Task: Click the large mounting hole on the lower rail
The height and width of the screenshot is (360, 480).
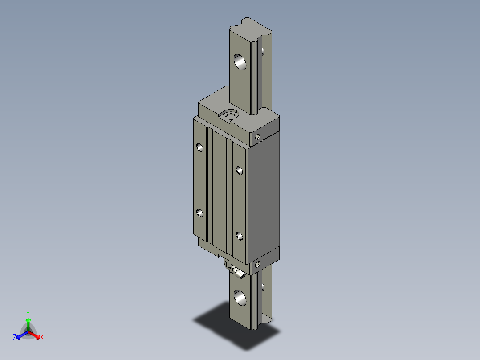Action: (240, 298)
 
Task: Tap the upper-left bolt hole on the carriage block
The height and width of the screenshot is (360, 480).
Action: (200, 147)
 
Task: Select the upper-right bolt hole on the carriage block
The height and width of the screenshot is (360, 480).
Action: (239, 170)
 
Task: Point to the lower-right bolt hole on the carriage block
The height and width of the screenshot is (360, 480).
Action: (239, 236)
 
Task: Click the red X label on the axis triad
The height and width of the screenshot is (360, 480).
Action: (42, 338)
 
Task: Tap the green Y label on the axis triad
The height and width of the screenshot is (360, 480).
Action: (28, 313)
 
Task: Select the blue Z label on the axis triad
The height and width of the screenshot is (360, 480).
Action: (15, 338)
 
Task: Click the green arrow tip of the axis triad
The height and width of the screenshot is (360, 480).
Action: (28, 320)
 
